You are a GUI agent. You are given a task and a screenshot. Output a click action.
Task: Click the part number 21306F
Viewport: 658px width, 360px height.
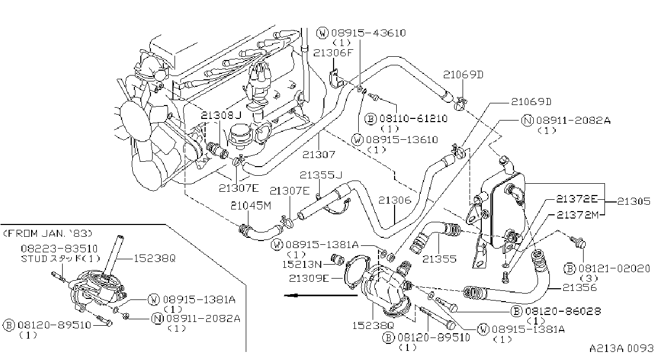[x=334, y=53]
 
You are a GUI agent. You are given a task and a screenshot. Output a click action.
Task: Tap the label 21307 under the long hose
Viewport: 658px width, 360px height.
[x=319, y=155]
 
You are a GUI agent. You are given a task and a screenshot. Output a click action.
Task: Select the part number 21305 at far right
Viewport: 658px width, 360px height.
[x=633, y=201]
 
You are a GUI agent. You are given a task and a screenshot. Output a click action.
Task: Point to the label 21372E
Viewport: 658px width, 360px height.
[x=577, y=199]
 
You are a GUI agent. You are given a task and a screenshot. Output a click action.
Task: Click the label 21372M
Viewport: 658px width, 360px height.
[x=578, y=215]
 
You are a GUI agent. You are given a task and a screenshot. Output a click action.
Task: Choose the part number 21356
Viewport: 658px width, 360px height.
[x=580, y=288]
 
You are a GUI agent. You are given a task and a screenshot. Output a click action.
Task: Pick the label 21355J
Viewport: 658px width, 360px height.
[x=321, y=175]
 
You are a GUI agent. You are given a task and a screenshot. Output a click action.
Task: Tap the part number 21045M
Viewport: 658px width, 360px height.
[x=251, y=206]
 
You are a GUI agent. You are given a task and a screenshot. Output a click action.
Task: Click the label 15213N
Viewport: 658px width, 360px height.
[x=302, y=265]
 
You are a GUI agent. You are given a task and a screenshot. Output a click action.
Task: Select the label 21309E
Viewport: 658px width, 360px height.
[x=309, y=278]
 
